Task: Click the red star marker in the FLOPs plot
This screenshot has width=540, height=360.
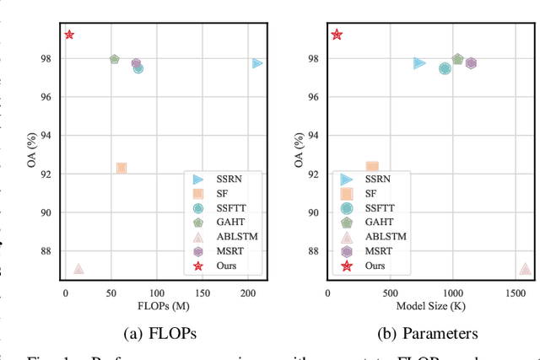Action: pos(69,35)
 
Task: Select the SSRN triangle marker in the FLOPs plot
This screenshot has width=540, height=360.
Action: pos(256,63)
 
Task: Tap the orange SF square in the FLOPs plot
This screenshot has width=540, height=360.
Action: pos(121,169)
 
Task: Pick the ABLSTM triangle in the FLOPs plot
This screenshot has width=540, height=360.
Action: pos(78,269)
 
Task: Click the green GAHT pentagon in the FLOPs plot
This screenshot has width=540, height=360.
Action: pos(115,59)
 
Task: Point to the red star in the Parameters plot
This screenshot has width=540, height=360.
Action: pos(337,35)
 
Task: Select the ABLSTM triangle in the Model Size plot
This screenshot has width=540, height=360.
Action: pos(525,269)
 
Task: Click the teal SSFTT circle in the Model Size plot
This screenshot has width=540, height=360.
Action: pos(445,68)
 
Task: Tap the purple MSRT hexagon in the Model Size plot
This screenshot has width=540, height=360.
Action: pos(471,63)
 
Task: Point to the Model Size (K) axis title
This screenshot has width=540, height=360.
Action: pos(430,305)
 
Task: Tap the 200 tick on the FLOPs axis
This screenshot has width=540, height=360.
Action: pos(248,292)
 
